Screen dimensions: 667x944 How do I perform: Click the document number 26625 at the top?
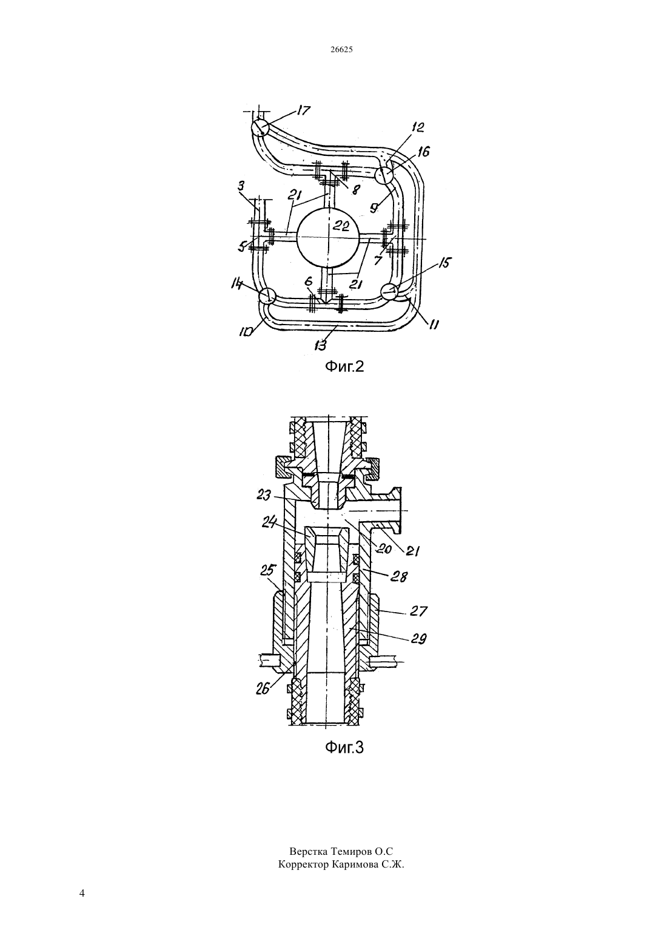(341, 49)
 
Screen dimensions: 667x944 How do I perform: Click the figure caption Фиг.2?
(344, 366)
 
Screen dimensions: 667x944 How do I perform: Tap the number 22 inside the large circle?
(341, 227)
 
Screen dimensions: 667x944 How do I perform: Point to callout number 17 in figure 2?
(303, 110)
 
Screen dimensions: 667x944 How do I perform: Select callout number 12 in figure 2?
(417, 127)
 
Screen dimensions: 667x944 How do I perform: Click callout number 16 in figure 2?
(423, 151)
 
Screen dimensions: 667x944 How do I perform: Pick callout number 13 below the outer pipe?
(320, 346)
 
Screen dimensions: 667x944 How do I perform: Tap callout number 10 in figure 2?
(246, 332)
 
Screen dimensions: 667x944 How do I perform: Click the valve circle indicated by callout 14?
(267, 295)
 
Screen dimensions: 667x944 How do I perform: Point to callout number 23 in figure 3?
(264, 495)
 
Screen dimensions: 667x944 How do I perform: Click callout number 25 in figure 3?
(268, 571)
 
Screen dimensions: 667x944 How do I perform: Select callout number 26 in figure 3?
(263, 690)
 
